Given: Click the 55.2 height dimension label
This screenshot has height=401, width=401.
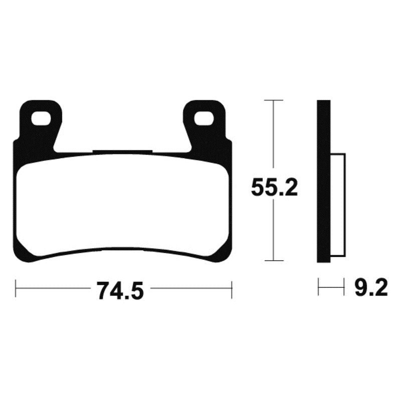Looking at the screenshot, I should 275,188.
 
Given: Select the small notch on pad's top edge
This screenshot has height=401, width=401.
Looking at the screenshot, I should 123,151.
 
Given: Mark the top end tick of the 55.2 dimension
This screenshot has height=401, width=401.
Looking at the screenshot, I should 273,101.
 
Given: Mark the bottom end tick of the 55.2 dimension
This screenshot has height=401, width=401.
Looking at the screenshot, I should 273,261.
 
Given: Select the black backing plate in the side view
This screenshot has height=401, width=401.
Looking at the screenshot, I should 324,180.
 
